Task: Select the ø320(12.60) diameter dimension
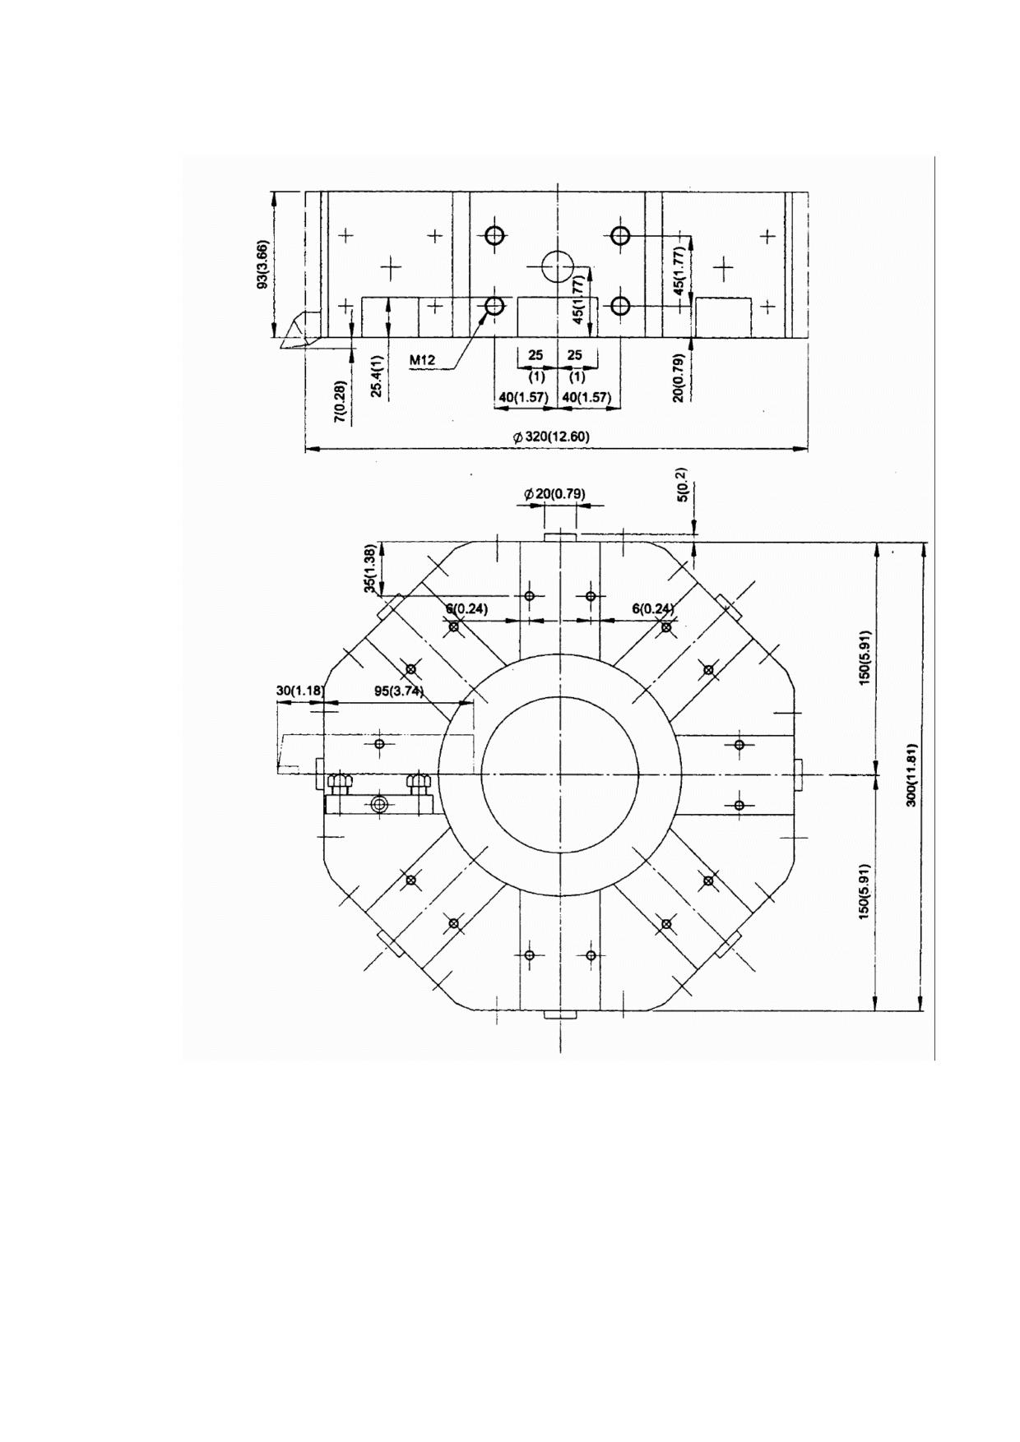click(551, 437)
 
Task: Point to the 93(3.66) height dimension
click(262, 265)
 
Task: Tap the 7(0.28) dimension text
click(339, 400)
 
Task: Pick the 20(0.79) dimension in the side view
click(679, 377)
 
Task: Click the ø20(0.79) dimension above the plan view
click(554, 494)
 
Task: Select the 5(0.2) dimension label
click(681, 487)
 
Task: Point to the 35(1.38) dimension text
click(371, 568)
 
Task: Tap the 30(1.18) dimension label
click(299, 691)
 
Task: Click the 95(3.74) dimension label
click(398, 691)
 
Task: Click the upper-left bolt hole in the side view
click(494, 236)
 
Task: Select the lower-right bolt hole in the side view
click(620, 307)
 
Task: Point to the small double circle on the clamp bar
click(378, 804)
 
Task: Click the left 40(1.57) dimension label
click(523, 398)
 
